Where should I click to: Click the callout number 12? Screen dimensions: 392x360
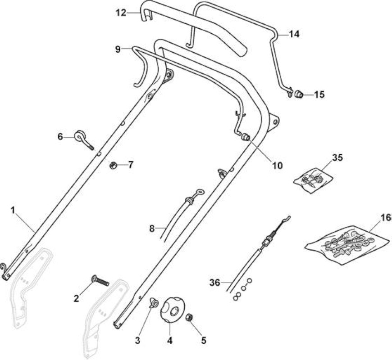click(x=121, y=13)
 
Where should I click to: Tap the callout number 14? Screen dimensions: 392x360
click(x=294, y=34)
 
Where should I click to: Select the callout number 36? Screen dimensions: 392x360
click(x=215, y=283)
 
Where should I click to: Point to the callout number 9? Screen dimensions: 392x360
click(x=118, y=49)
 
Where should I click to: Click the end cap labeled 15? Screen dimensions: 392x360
click(x=298, y=94)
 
